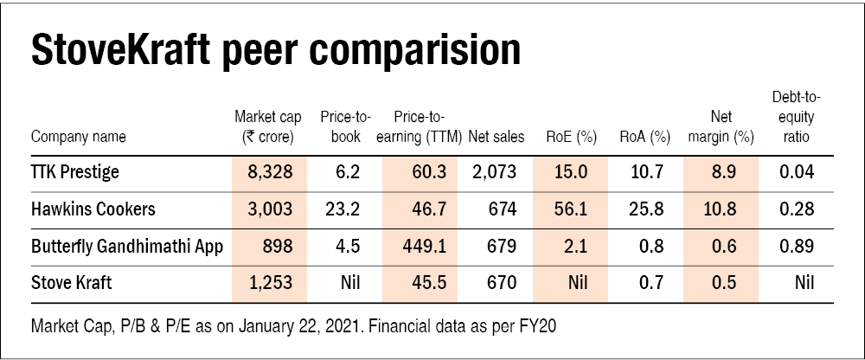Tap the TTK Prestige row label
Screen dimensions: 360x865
(74, 172)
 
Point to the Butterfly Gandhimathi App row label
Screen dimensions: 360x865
(127, 247)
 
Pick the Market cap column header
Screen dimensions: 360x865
(269, 126)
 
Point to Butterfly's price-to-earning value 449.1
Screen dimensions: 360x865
(425, 247)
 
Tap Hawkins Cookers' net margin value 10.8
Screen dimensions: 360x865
(721, 209)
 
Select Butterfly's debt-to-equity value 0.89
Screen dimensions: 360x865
(797, 247)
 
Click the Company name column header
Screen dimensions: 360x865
(78, 137)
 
